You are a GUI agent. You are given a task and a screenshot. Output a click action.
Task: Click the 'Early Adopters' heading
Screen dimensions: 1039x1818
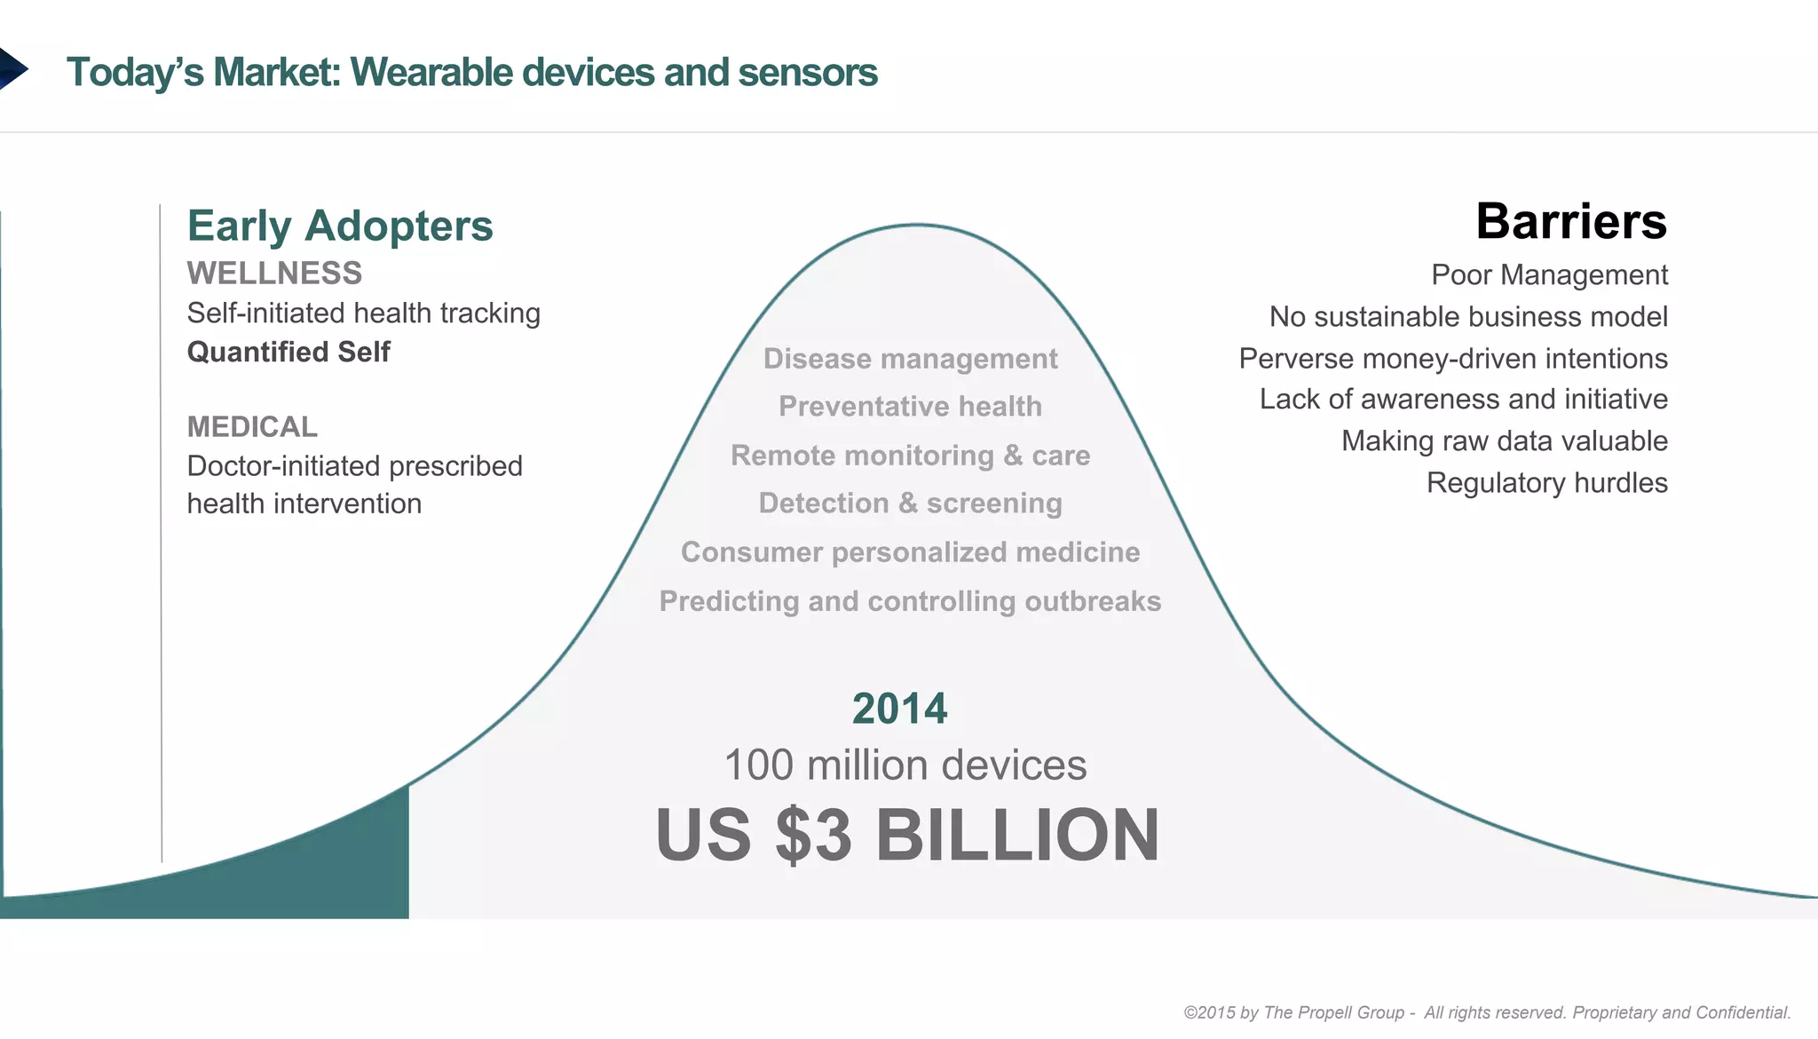339,226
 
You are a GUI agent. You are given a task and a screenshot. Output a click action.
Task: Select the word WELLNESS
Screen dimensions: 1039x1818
274,274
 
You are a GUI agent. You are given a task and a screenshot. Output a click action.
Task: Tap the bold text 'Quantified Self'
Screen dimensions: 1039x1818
289,352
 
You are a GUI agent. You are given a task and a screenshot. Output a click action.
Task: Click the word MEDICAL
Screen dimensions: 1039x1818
252,427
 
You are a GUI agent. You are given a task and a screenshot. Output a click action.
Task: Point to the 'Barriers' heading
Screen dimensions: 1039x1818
1570,221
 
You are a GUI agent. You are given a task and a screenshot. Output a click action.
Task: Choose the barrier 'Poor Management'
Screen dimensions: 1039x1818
1548,275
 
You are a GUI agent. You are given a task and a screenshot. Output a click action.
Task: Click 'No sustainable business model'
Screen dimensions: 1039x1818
1467,317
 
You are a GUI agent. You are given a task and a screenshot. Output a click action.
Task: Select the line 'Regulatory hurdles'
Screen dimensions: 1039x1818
1546,483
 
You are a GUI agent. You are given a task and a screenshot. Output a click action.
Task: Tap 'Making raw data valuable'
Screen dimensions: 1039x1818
1504,441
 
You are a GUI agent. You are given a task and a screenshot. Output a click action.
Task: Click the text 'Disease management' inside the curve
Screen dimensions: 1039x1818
910,359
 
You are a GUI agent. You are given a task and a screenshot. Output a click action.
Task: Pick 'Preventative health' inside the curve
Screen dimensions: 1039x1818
910,407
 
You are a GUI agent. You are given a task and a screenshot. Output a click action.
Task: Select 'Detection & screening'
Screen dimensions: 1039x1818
910,504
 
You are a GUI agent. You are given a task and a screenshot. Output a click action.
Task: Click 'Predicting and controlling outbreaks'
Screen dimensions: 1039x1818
910,601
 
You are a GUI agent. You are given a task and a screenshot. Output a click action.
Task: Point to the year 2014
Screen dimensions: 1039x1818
899,709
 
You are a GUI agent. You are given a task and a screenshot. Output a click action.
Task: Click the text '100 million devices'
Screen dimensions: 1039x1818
905,765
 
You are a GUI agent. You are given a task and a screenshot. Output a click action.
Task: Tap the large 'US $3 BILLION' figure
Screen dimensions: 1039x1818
906,835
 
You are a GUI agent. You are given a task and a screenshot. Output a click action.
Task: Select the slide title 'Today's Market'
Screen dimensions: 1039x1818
471,73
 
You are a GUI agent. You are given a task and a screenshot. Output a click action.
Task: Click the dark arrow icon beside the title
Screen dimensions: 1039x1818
12,69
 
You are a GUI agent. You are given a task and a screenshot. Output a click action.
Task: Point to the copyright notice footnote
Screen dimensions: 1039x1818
1487,1012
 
